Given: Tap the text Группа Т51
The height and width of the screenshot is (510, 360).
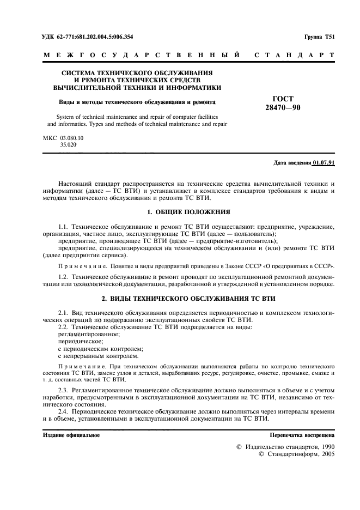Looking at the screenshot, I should coord(319,37).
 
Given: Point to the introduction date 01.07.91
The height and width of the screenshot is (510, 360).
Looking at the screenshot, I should coord(324,163).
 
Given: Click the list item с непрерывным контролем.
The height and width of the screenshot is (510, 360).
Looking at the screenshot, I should coord(94,355).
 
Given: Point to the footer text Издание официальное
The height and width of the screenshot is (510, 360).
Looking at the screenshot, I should coord(71,435).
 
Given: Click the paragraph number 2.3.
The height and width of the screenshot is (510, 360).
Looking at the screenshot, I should coord(64,391).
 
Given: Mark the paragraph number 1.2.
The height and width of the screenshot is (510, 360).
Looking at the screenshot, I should coord(64,277).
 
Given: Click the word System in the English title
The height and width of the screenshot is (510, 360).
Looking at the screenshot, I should coord(68,117).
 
